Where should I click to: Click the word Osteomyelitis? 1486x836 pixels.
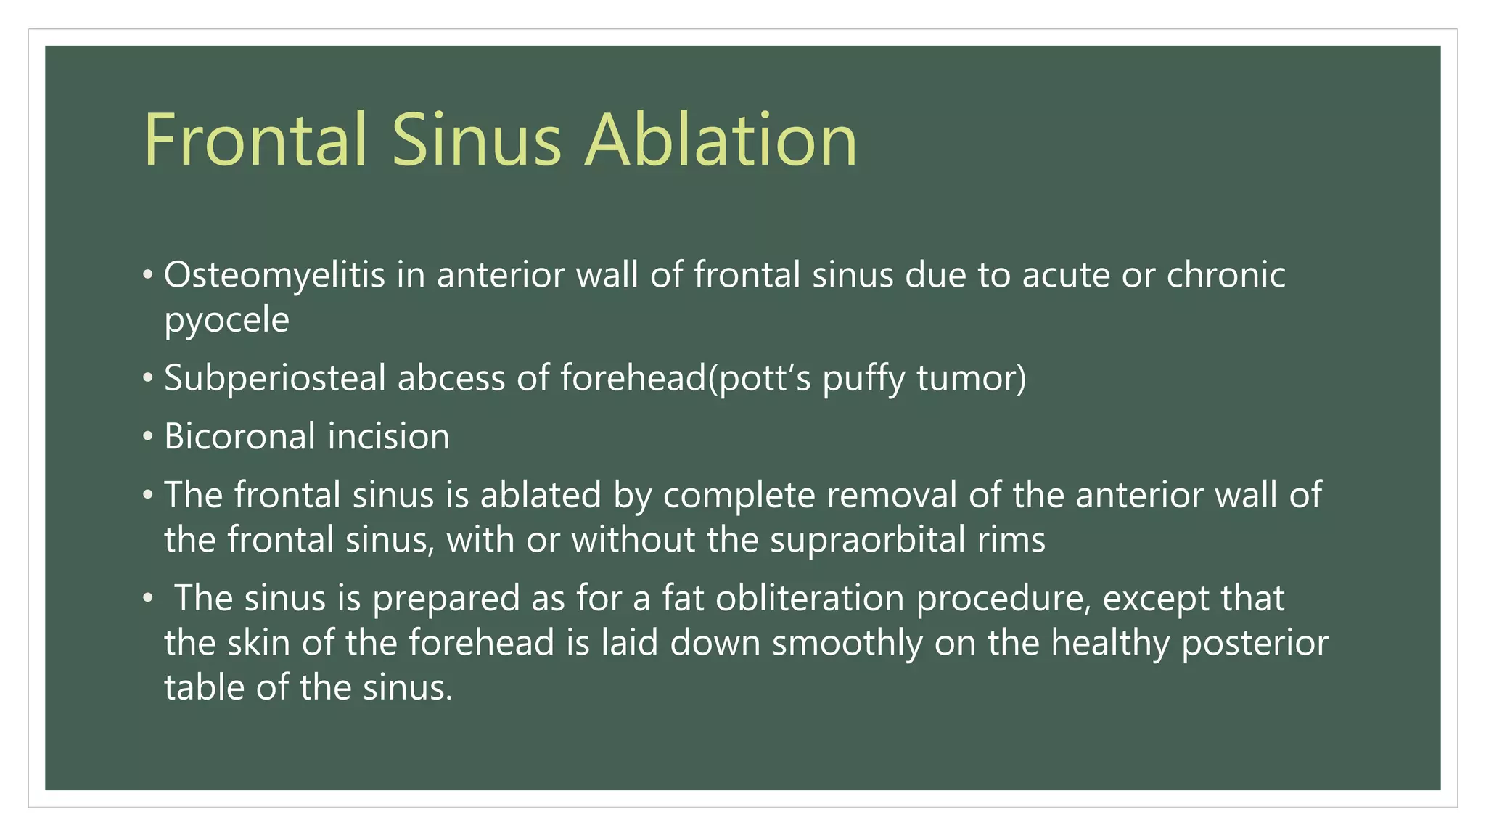[274, 276]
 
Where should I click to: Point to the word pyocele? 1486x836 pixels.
[226, 321]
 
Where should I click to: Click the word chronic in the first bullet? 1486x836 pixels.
[1226, 276]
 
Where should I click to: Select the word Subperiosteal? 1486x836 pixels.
[274, 378]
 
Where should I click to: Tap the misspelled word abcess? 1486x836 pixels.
[451, 378]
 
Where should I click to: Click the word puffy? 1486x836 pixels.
[863, 378]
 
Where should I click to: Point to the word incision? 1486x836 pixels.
[388, 437]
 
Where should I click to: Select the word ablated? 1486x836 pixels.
[541, 496]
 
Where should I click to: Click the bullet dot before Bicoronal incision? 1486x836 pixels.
[148, 437]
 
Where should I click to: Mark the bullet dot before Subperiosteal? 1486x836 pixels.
[148, 378]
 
